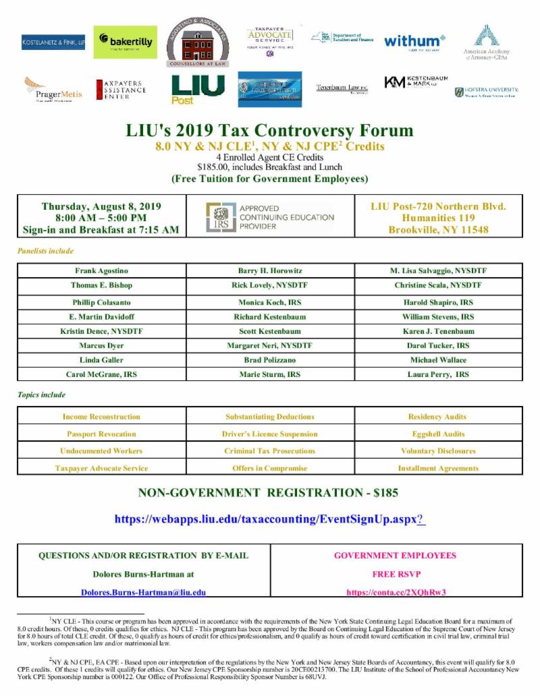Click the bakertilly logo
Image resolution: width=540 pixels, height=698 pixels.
tap(125, 42)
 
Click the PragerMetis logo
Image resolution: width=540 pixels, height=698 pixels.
tap(53, 89)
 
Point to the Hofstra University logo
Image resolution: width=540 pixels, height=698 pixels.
tap(487, 92)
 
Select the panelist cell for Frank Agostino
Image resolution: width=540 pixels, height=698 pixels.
tap(101, 270)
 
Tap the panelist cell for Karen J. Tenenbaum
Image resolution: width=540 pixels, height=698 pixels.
tap(438, 332)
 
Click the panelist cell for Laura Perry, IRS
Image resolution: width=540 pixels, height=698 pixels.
tap(438, 374)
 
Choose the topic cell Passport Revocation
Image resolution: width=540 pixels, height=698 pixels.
tap(101, 434)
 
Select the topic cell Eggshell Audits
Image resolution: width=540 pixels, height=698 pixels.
tap(438, 434)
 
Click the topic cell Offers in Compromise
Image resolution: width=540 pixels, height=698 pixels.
tap(270, 468)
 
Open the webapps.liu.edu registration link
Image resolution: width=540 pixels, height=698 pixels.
tap(269, 519)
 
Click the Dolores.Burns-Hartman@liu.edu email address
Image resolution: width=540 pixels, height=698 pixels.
tap(143, 593)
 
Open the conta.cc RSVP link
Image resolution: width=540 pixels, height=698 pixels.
tap(396, 593)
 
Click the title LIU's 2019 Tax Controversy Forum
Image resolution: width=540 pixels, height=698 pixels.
tap(270, 130)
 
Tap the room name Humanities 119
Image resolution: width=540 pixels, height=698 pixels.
tap(438, 218)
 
